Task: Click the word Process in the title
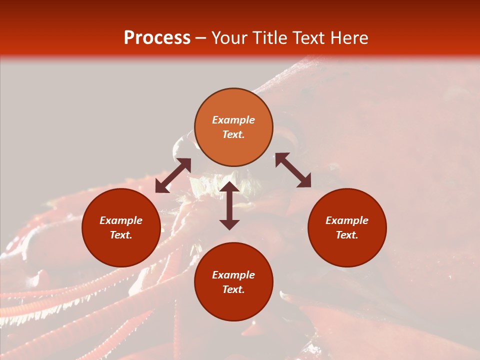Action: tap(157, 38)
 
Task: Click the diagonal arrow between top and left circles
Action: tap(173, 175)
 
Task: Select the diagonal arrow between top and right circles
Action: tap(293, 170)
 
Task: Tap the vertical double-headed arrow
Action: tap(229, 205)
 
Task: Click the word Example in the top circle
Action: tap(233, 120)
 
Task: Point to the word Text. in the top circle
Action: tap(233, 134)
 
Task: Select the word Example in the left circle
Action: tap(121, 220)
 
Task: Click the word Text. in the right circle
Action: tap(347, 235)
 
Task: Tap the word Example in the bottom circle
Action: tap(233, 275)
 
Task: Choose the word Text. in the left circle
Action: tap(121, 235)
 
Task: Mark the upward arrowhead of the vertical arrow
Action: tap(229, 187)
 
